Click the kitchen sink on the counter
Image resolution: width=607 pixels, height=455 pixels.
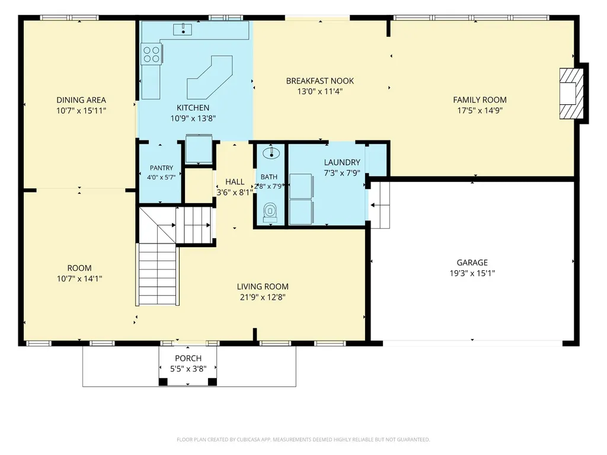pos(183,29)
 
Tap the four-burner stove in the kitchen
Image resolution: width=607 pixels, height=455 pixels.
pos(151,54)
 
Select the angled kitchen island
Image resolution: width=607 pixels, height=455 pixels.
pos(210,78)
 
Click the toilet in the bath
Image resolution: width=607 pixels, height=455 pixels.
pos(270,213)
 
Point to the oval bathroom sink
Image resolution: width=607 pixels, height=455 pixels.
pos(271,153)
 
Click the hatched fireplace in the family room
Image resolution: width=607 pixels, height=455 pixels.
pos(571,94)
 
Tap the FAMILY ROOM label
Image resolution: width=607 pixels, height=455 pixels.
pos(480,100)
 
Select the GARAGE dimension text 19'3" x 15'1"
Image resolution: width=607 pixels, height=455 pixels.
pos(472,273)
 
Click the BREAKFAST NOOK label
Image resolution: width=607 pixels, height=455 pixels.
pos(320,81)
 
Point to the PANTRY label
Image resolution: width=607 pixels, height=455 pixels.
pos(161,168)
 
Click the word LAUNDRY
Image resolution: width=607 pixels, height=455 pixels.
pos(342,162)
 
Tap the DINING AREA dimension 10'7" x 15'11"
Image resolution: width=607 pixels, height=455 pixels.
pos(81,111)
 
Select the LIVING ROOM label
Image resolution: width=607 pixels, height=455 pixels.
pos(263,287)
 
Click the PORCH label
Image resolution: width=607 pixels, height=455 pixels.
pos(188,358)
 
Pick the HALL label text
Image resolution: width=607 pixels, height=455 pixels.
pos(235,182)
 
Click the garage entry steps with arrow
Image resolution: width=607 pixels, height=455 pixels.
pos(379,205)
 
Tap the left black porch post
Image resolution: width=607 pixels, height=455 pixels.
pos(163,382)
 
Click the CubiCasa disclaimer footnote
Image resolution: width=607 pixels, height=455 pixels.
pos(303,440)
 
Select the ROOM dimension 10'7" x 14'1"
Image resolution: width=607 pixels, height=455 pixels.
pos(79,278)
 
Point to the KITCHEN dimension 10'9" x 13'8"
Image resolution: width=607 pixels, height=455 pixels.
pos(193,118)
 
